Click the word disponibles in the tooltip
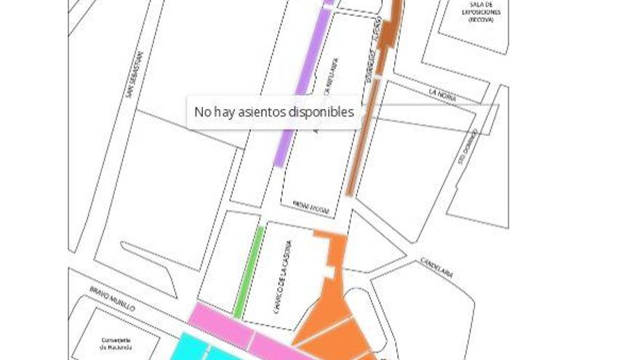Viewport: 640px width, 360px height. pyautogui.click(x=321, y=112)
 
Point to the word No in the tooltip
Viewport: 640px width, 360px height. pyautogui.click(x=201, y=112)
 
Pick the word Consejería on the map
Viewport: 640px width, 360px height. pyautogui.click(x=115, y=340)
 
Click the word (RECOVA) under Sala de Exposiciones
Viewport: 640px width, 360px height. pyautogui.click(x=481, y=20)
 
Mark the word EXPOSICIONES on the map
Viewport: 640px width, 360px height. pyautogui.click(x=481, y=13)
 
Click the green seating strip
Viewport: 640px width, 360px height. pyautogui.click(x=249, y=271)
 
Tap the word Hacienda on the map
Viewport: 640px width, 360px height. pyautogui.click(x=115, y=348)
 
